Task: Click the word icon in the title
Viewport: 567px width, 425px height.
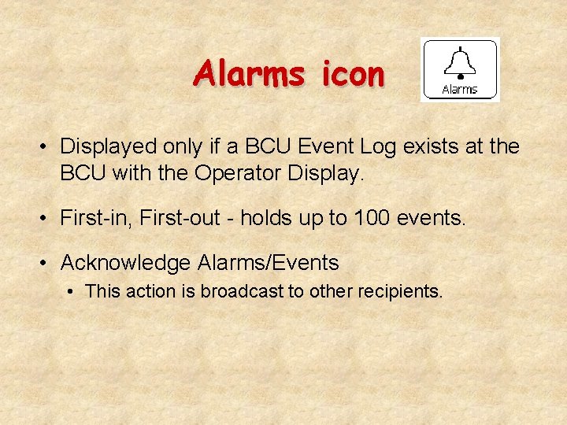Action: (x=353, y=74)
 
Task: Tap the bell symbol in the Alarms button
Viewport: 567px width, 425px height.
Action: (x=459, y=62)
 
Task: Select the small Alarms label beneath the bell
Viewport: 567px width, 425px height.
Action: (x=460, y=89)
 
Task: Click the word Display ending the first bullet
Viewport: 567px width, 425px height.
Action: (x=322, y=174)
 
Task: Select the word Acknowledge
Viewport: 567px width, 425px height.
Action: (x=125, y=263)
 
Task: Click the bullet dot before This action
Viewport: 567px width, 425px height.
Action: (x=72, y=292)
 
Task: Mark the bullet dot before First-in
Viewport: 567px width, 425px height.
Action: (x=47, y=219)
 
